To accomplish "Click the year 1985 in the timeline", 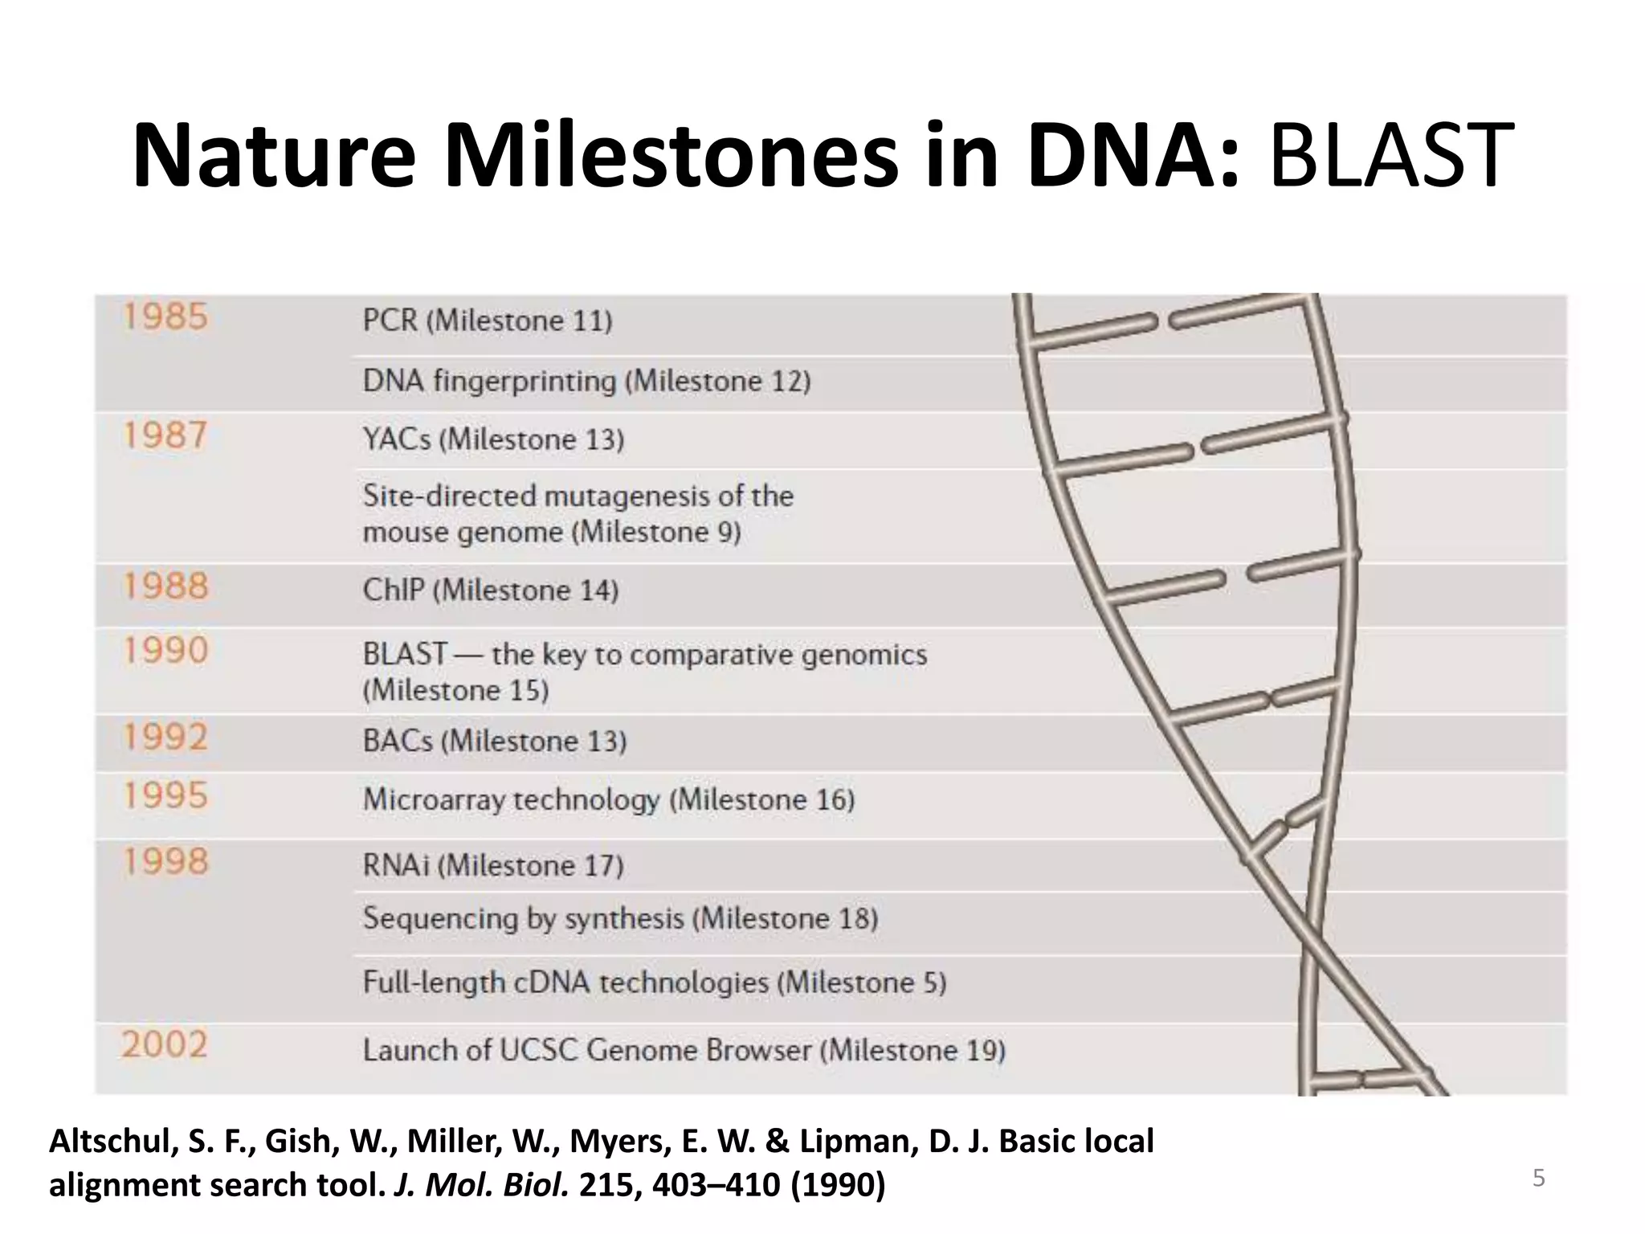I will point(165,317).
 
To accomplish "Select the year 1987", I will point(165,436).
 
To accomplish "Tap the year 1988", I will point(165,586).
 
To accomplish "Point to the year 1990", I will point(165,650).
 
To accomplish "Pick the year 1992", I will point(165,737).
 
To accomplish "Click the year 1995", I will point(165,795).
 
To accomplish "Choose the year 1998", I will point(165,861).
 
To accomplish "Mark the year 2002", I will point(165,1044).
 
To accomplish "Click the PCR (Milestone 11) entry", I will point(487,321).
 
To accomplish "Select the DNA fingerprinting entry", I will point(586,381).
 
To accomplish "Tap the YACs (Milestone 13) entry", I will point(493,439).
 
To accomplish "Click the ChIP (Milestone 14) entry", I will point(490,590).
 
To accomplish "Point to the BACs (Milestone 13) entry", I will point(494,741).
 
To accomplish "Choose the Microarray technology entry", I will point(608,799).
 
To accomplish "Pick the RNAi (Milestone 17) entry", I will point(492,865).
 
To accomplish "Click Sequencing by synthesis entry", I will point(620,918).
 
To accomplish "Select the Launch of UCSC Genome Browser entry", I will point(684,1050).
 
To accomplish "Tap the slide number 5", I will point(1538,1178).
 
